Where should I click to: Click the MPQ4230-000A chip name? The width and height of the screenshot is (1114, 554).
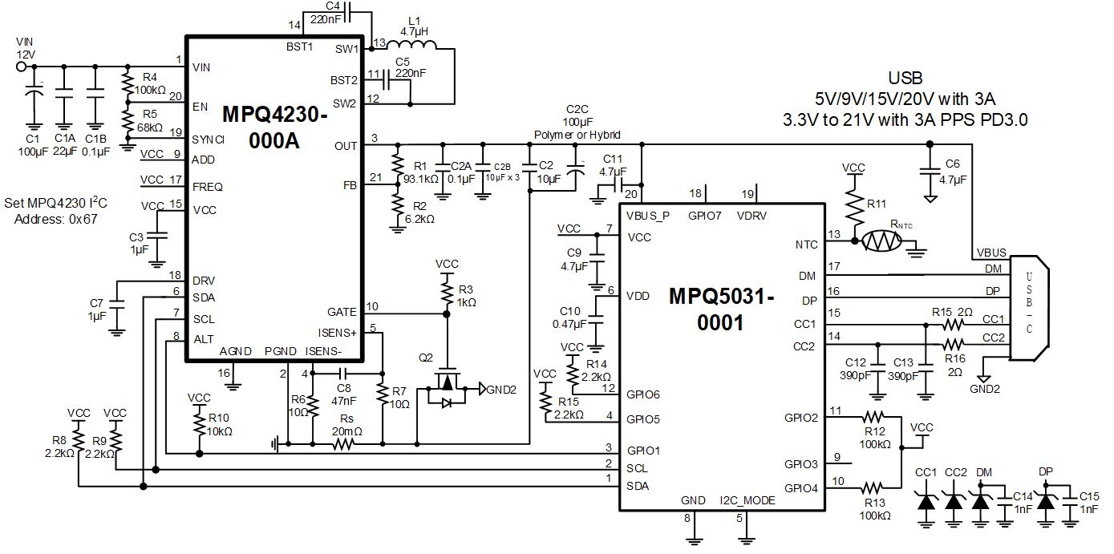click(274, 128)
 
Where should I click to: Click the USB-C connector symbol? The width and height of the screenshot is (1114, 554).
click(1028, 309)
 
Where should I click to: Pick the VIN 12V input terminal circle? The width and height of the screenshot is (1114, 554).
click(22, 67)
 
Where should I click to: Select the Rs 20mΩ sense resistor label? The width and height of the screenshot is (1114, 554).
click(346, 425)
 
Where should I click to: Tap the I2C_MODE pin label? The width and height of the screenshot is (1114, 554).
click(747, 500)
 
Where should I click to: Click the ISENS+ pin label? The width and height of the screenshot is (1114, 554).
click(337, 331)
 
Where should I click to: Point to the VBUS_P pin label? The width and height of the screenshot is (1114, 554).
click(647, 216)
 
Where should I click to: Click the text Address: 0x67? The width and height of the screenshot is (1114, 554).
click(56, 218)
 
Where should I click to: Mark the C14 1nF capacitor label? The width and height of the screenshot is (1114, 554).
click(1023, 503)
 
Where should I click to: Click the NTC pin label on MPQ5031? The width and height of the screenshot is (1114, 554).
click(808, 245)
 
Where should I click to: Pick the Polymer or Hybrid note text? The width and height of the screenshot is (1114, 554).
click(577, 135)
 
